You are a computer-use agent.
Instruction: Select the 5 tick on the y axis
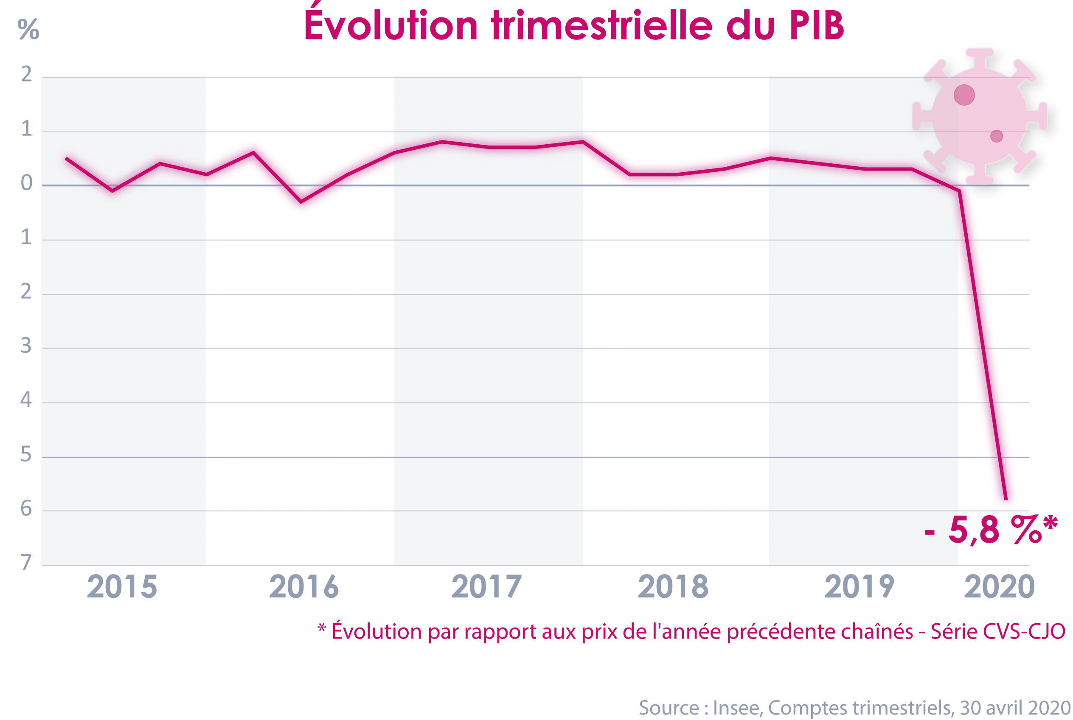click(28, 454)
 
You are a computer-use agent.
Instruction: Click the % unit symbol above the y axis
click(28, 30)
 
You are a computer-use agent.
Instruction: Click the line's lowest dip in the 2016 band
click(301, 202)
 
